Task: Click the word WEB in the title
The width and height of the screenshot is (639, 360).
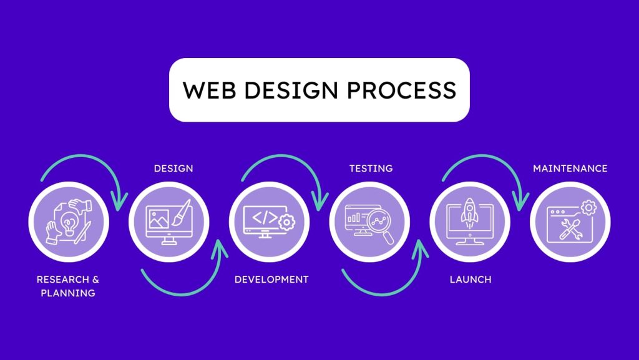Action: click(210, 90)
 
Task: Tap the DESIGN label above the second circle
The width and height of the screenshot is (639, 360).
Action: click(173, 168)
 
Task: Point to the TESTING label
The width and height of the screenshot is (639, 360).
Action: click(371, 168)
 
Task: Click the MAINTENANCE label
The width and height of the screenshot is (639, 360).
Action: click(570, 168)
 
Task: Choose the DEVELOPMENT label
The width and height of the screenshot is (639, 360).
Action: click(271, 280)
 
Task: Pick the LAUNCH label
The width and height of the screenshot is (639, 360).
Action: click(471, 280)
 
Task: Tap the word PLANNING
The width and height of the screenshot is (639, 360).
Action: click(68, 293)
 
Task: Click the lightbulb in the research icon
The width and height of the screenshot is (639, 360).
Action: click(69, 224)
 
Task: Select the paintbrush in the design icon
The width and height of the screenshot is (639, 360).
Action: click(182, 212)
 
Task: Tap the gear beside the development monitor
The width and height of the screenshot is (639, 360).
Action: click(287, 222)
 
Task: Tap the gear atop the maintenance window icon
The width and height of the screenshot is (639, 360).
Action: click(588, 208)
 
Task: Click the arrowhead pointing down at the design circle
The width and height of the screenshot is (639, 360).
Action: click(119, 202)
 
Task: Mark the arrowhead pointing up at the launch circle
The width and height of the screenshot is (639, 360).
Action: click(420, 249)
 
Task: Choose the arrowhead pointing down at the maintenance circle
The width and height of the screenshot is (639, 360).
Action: click(520, 202)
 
